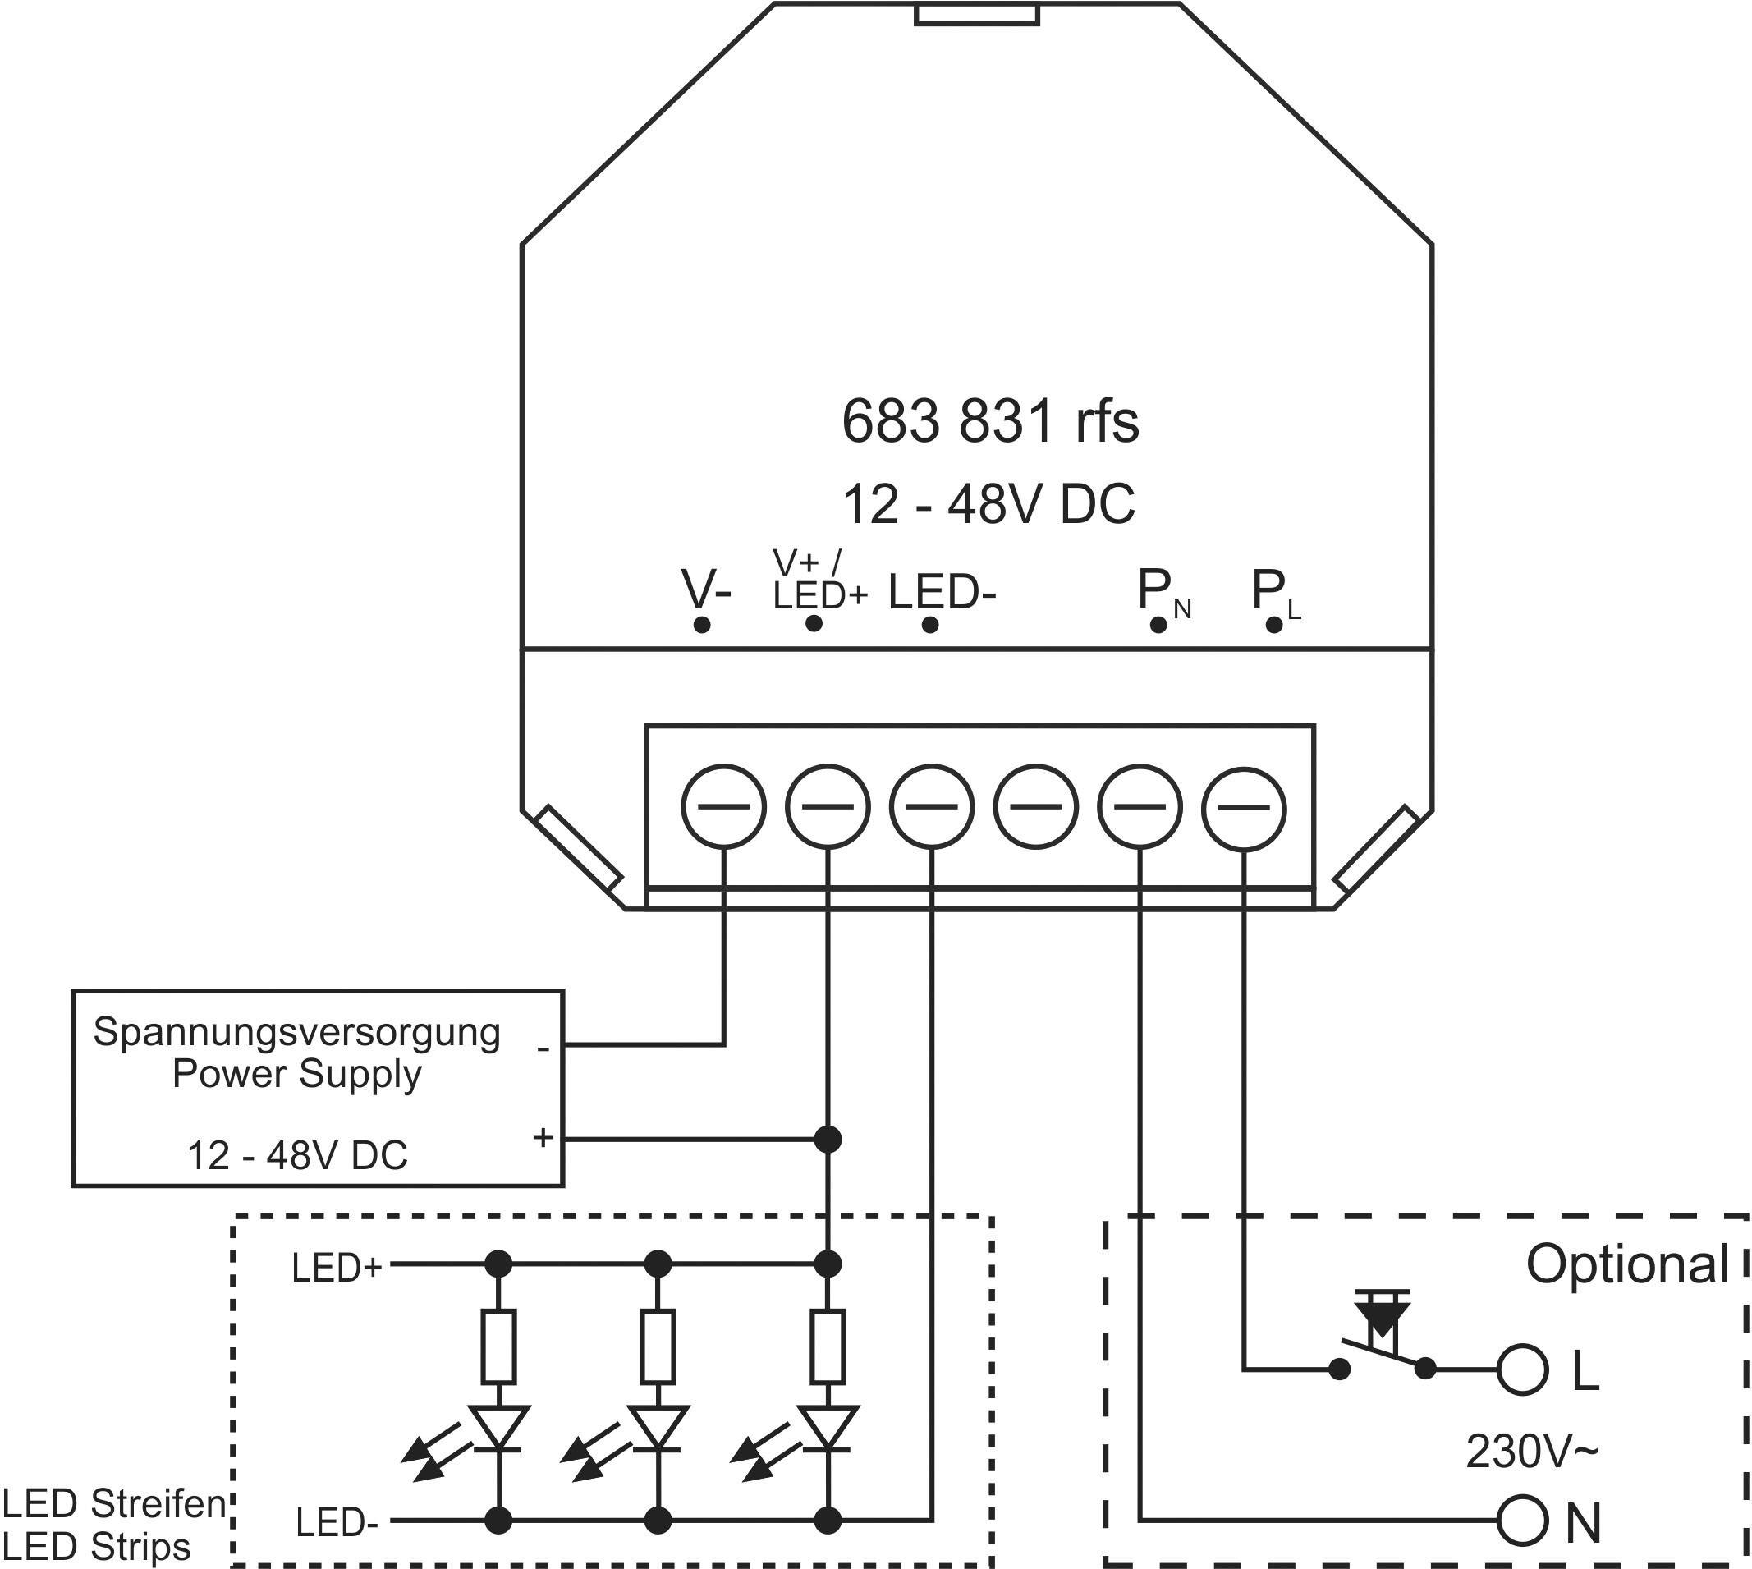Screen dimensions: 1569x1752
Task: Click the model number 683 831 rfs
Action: [x=989, y=421]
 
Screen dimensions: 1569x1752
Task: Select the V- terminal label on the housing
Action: [x=706, y=590]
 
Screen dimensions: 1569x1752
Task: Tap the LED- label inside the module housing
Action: [x=942, y=592]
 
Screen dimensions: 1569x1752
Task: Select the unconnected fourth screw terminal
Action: [x=1035, y=807]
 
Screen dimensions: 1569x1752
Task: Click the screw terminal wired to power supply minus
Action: [x=723, y=807]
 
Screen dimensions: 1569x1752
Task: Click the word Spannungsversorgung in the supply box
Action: [x=296, y=1032]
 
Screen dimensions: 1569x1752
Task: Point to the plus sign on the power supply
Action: [x=543, y=1137]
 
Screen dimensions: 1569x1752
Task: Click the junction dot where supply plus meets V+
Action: [x=828, y=1140]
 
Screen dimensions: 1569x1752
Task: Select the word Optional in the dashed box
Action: [x=1627, y=1264]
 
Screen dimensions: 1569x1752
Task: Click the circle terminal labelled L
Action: [x=1522, y=1369]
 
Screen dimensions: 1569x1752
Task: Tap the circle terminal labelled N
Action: [x=1522, y=1522]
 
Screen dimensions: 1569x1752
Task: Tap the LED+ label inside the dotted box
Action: [x=337, y=1269]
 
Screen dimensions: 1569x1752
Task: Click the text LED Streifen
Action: [x=114, y=1503]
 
